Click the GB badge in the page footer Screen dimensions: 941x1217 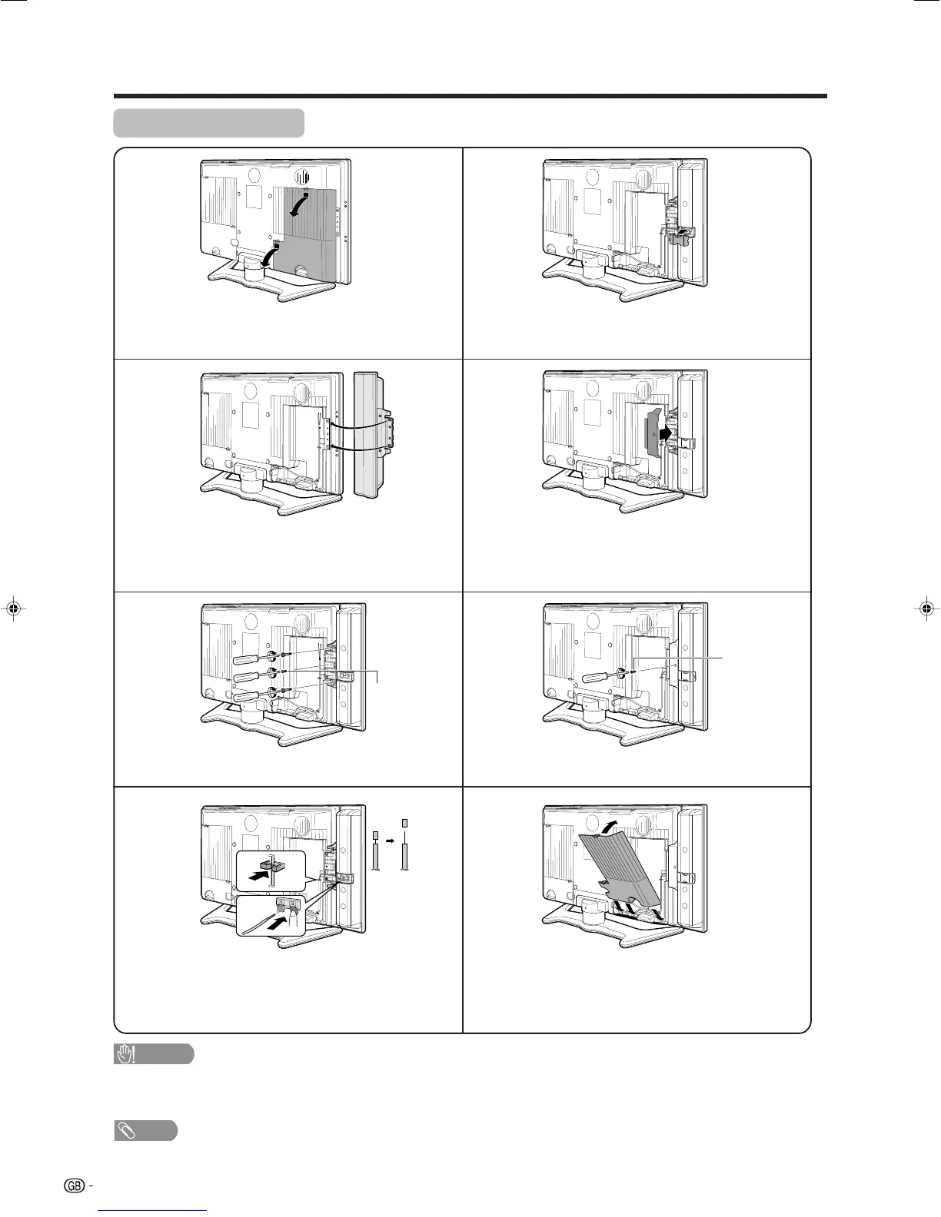(x=75, y=1185)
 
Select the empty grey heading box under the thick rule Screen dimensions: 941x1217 (x=208, y=123)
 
